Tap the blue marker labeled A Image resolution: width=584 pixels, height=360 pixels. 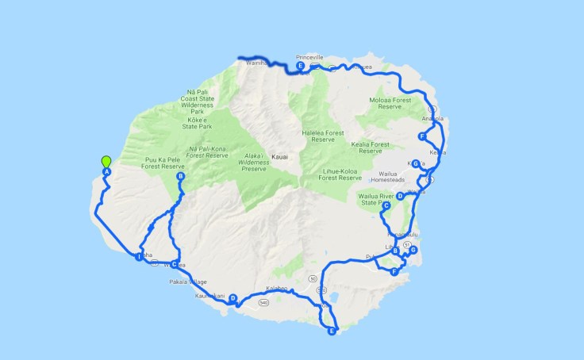point(106,172)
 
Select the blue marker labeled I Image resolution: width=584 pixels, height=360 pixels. point(139,256)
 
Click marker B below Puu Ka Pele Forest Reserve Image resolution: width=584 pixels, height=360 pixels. point(180,177)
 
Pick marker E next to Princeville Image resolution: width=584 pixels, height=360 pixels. point(301,67)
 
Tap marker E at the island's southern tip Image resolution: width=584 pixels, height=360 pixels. point(332,331)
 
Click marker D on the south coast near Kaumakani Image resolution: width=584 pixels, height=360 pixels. point(233,298)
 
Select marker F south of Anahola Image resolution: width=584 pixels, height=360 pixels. point(422,136)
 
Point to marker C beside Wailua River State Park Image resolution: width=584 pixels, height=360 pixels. point(386,206)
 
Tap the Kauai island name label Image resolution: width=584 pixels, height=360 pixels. point(279,157)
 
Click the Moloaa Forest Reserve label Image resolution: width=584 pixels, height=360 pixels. point(392,105)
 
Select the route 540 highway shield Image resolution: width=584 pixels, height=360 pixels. point(263,301)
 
